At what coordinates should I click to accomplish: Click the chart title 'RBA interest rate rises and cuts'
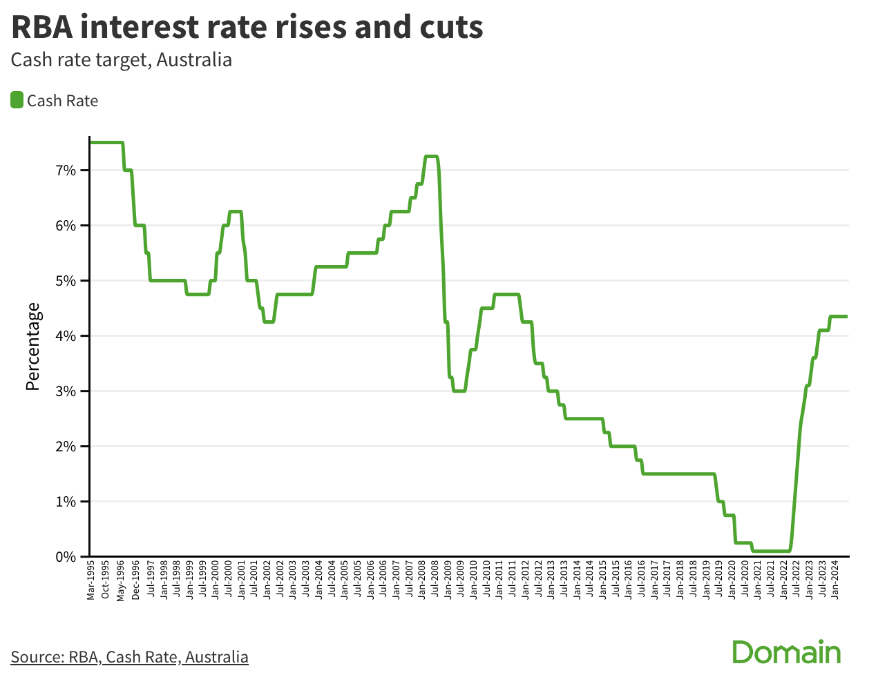point(247,28)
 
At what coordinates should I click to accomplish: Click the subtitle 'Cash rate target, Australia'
point(122,60)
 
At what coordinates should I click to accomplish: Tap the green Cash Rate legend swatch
point(17,100)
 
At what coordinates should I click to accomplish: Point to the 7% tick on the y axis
point(66,170)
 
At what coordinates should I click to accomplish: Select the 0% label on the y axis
point(66,556)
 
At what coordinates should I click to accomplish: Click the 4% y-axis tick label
point(66,336)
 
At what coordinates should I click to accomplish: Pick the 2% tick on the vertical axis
point(66,447)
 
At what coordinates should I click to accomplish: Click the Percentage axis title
point(33,346)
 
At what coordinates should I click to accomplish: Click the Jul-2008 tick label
point(435,581)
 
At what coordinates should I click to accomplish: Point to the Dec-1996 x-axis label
point(135,581)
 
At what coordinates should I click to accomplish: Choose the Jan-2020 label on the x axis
point(732,581)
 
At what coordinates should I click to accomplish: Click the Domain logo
point(786,652)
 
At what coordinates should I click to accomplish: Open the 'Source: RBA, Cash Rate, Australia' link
point(129,656)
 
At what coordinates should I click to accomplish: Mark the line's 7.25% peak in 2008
point(431,157)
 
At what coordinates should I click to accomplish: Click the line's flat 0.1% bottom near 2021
point(770,551)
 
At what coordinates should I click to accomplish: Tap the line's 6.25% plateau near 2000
point(235,211)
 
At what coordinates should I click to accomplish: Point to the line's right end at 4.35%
point(846,316)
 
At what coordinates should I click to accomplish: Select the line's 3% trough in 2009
point(459,391)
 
